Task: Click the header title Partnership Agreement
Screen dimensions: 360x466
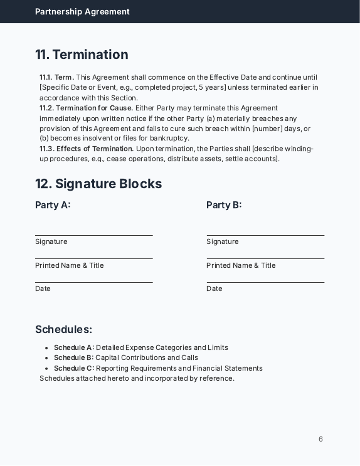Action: point(82,11)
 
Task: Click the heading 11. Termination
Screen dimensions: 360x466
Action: point(82,55)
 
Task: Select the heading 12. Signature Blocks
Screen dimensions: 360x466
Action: point(98,184)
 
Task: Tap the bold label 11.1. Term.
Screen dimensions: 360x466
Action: point(56,77)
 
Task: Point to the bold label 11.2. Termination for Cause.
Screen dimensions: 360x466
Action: point(87,108)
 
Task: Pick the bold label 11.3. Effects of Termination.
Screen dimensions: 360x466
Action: point(87,149)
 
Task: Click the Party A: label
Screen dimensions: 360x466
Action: point(53,205)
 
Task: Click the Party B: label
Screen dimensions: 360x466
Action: point(224,205)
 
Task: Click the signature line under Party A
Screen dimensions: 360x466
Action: point(94,235)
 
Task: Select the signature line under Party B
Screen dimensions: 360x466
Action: point(265,235)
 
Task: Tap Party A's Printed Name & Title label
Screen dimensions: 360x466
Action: point(70,265)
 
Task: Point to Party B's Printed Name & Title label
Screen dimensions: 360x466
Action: point(241,265)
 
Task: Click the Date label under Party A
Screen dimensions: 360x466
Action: point(43,289)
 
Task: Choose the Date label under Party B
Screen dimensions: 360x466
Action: point(214,289)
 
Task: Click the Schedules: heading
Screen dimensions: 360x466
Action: point(63,329)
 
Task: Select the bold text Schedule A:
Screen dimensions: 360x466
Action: point(74,347)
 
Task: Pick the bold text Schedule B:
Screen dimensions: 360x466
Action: point(74,357)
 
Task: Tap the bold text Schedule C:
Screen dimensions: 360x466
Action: point(74,368)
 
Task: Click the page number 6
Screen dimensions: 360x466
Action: point(320,439)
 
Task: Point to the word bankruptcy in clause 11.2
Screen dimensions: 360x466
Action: point(168,138)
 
